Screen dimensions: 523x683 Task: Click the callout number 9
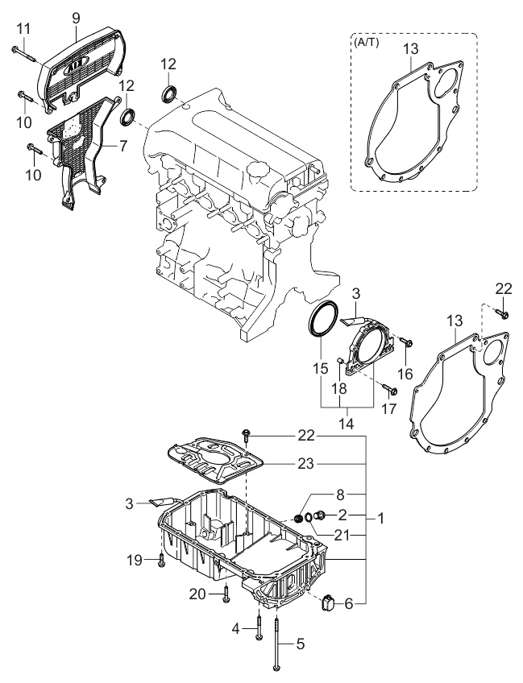pyautogui.click(x=76, y=18)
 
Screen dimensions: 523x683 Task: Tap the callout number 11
pyautogui.click(x=23, y=29)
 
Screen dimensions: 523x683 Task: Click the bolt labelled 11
pyautogui.click(x=23, y=54)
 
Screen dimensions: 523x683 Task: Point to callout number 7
pyautogui.click(x=123, y=146)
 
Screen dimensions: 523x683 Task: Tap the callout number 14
pyautogui.click(x=347, y=423)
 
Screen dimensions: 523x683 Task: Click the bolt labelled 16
pyautogui.click(x=406, y=342)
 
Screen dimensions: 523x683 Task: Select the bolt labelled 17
pyautogui.click(x=388, y=388)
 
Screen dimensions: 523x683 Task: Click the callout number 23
pyautogui.click(x=305, y=463)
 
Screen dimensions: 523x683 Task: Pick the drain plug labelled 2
pyautogui.click(x=321, y=515)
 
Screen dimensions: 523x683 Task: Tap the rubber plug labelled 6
pyautogui.click(x=327, y=602)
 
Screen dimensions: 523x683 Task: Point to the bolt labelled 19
pyautogui.click(x=162, y=559)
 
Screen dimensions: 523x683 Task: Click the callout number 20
pyautogui.click(x=197, y=594)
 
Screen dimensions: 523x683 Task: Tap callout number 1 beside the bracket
pyautogui.click(x=380, y=519)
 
